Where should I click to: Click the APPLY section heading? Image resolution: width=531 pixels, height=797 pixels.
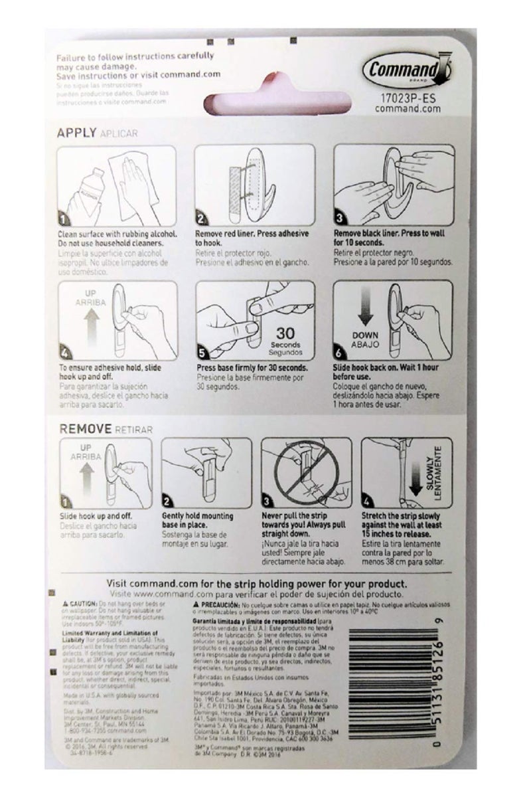tap(78, 132)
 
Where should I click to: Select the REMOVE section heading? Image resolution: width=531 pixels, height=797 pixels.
tap(84, 429)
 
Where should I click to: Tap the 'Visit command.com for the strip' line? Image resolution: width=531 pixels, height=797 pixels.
tap(266, 582)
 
